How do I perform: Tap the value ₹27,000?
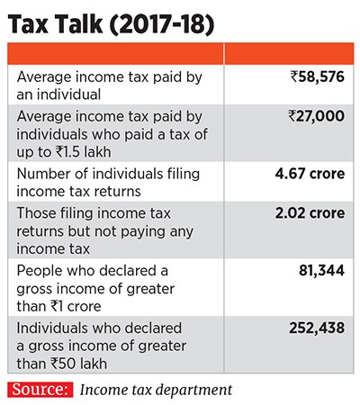[311, 115]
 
